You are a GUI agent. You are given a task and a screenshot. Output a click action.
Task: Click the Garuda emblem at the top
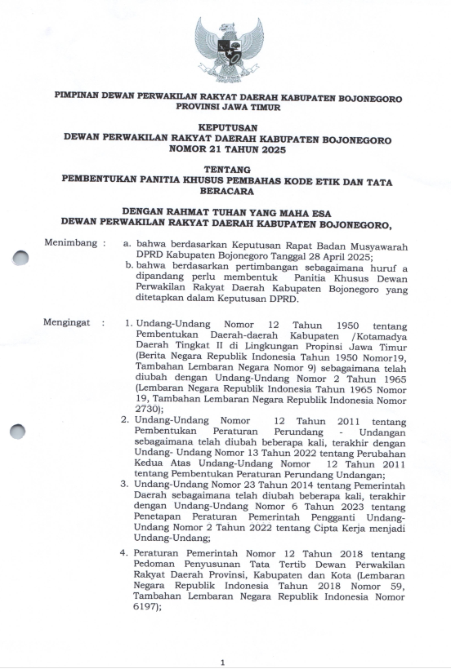(229, 47)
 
